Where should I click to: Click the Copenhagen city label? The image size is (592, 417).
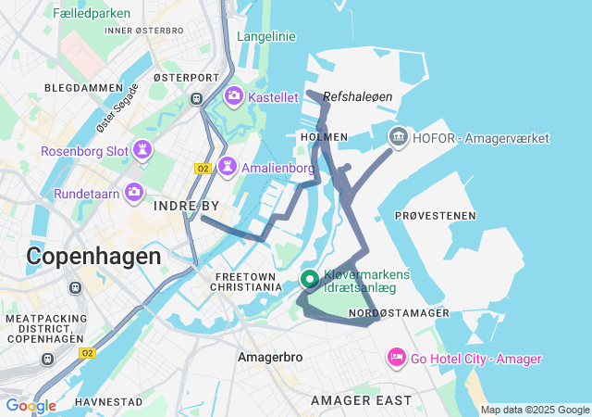93,256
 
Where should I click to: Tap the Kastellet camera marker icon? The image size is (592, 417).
233,95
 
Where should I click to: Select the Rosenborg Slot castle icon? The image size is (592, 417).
142,150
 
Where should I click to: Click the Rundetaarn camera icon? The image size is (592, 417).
135,193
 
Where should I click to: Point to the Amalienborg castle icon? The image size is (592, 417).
227,168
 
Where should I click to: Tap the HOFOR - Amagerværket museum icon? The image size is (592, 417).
398,138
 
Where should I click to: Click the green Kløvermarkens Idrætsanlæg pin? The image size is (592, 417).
311,279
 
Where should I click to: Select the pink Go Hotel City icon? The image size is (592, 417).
396,358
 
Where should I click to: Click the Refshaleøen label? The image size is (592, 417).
358,95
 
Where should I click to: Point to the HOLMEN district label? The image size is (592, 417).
324,137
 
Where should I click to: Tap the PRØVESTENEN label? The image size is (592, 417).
435,215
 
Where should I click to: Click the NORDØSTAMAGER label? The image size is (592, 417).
399,313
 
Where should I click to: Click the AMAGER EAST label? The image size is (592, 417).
361,400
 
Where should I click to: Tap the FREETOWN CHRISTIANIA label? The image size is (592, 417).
247,282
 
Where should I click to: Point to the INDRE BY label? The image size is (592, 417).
187,205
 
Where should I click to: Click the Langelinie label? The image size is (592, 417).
266,36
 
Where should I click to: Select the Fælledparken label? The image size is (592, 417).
92,13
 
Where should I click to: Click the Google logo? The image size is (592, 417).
31,405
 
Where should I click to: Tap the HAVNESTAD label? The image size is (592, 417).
109,401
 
